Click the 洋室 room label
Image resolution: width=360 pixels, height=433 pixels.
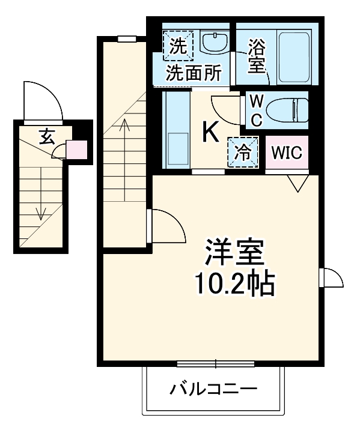pyautogui.click(x=234, y=253)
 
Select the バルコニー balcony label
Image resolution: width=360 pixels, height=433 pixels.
pyautogui.click(x=213, y=389)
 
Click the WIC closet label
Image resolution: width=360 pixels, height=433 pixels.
pyautogui.click(x=286, y=153)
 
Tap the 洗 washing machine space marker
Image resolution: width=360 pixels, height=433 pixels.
pyautogui.click(x=178, y=45)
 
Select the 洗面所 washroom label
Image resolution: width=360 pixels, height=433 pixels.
pyautogui.click(x=194, y=73)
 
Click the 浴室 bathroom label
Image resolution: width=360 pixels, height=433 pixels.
pyautogui.click(x=257, y=56)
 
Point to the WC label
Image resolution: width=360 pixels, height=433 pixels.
pyautogui.click(x=255, y=109)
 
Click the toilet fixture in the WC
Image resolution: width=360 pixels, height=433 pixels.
pyautogui.click(x=287, y=110)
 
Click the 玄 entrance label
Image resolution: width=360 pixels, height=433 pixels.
pyautogui.click(x=47, y=136)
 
